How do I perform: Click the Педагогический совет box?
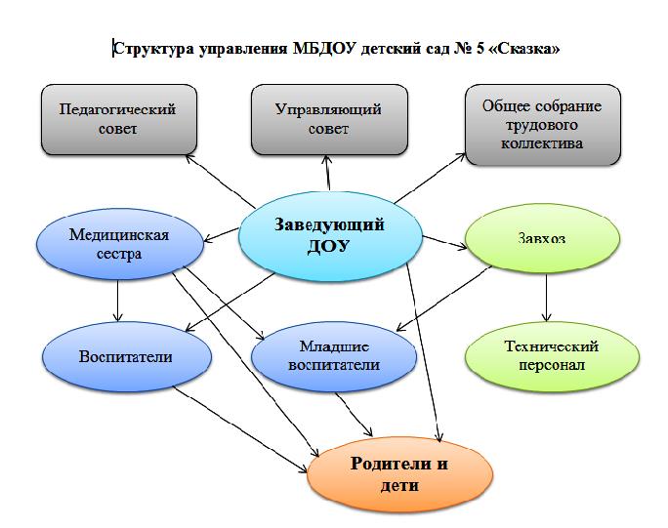[119, 120]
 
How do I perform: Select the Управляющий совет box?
[329, 120]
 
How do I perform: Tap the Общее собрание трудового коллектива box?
[543, 124]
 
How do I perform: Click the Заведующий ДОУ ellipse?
[330, 236]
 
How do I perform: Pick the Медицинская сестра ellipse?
[120, 244]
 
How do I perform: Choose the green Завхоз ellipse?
[542, 238]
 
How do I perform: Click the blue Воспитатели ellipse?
[127, 357]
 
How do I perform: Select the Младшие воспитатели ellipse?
[334, 356]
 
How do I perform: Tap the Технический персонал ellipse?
[552, 356]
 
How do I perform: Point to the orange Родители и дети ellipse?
[399, 474]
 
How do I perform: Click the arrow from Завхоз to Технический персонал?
[547, 298]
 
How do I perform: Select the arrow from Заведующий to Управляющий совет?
[327, 173]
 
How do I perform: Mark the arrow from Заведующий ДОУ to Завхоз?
[444, 242]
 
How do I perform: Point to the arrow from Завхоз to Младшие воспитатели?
[443, 299]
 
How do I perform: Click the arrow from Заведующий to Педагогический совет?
[221, 182]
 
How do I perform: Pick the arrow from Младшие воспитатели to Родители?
[355, 415]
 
